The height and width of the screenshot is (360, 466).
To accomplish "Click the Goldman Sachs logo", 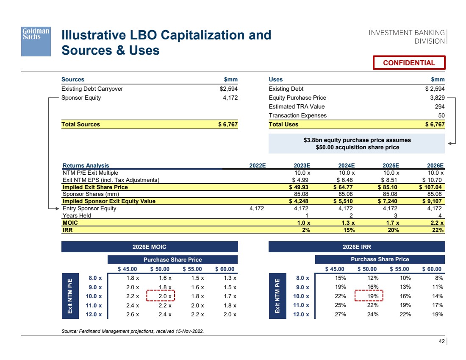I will click(36, 42).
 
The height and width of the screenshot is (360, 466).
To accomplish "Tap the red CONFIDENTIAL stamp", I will click(409, 63).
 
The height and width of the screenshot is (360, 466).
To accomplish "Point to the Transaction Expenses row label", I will click(297, 116).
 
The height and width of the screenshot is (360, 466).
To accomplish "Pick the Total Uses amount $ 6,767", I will click(435, 125).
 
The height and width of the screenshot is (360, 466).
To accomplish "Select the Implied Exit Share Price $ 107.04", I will click(431, 187).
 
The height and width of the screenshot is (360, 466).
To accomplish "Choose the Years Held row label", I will click(77, 216).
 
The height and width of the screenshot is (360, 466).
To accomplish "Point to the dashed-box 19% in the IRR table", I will click(369, 296).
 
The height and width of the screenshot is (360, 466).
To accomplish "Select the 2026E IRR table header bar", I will click(357, 247).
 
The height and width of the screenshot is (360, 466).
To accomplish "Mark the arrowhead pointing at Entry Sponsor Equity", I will click(58, 209).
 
